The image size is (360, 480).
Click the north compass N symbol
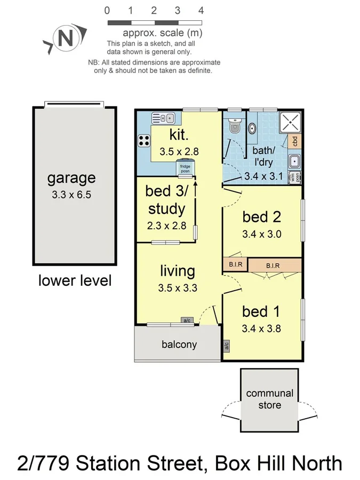(x=65, y=38)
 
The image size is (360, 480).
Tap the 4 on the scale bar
(x=201, y=10)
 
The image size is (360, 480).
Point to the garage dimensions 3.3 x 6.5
(x=71, y=195)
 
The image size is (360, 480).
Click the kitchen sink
(x=163, y=118)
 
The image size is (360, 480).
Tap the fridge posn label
(x=185, y=168)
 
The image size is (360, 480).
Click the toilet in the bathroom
(x=234, y=126)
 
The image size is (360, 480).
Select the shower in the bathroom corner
(x=291, y=122)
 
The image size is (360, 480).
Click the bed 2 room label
(x=261, y=217)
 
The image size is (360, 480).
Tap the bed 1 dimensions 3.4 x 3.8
(x=261, y=329)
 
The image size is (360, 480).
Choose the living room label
(x=178, y=271)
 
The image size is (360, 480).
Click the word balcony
(x=179, y=345)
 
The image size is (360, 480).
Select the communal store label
(x=269, y=399)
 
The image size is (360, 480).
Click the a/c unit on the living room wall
(x=187, y=321)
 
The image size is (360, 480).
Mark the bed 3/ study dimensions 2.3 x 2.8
(x=166, y=226)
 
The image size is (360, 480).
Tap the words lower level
(x=75, y=280)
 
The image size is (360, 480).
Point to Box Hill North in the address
(x=278, y=463)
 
